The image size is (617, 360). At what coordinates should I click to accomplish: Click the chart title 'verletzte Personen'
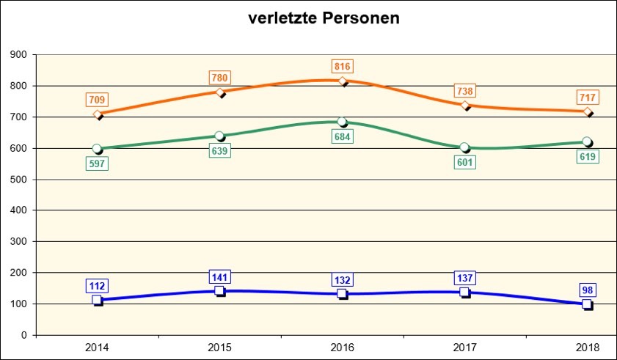[324, 18]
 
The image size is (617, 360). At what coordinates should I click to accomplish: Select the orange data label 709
[98, 99]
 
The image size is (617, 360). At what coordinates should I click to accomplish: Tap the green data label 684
[343, 136]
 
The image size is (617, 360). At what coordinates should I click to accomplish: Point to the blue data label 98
[588, 289]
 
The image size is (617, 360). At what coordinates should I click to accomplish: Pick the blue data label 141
[220, 276]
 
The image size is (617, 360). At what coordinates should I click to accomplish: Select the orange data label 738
[465, 91]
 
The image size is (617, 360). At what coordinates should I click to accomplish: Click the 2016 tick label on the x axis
[343, 347]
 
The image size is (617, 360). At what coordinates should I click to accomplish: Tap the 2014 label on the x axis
[98, 347]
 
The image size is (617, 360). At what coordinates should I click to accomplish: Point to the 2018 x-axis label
[588, 347]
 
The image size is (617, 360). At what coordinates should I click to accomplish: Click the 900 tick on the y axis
[18, 55]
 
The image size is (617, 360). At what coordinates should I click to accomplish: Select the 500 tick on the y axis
[18, 180]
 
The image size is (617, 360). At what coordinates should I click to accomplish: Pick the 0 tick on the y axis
[24, 336]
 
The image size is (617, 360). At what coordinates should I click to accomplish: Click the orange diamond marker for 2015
[220, 92]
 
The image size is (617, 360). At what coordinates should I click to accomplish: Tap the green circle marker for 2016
[343, 122]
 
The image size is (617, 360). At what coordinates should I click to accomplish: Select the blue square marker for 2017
[465, 293]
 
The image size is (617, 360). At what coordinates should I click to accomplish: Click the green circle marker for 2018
[588, 142]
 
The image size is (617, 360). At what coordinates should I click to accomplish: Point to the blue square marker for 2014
[98, 300]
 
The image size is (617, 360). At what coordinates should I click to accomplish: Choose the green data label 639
[220, 150]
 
